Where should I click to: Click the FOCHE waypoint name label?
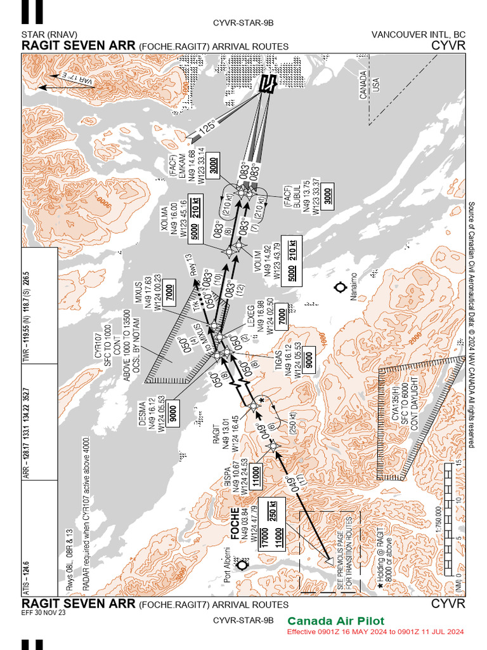point(235,522)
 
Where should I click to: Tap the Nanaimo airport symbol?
point(341,286)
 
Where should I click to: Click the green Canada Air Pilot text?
point(335,621)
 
